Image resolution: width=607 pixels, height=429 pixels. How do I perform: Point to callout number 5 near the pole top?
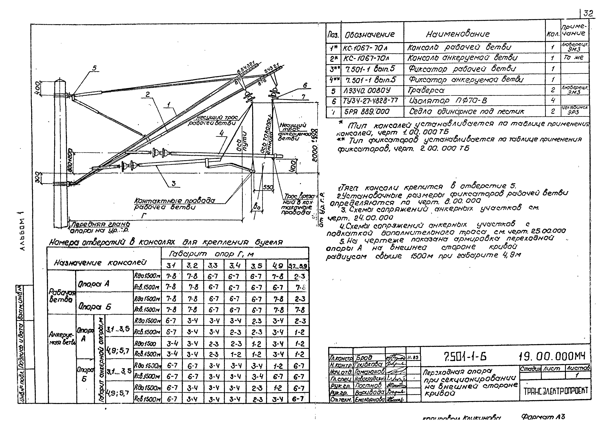click(x=94, y=68)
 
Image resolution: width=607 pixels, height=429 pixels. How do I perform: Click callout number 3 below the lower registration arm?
click(x=174, y=183)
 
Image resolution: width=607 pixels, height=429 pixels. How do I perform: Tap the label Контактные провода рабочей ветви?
click(x=174, y=204)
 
